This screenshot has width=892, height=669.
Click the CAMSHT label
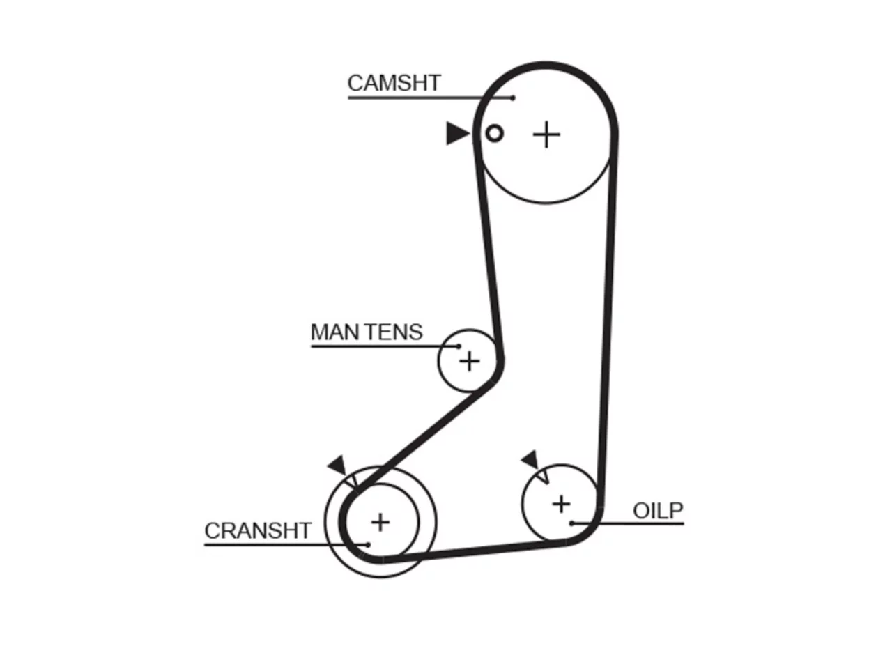coord(394,83)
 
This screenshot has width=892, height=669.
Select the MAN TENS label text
coord(367,332)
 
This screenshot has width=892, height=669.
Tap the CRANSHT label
coord(258,530)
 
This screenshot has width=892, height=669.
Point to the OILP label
coord(658,511)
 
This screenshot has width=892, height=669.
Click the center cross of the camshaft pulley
coord(546,134)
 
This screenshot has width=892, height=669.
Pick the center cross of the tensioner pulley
coord(470,361)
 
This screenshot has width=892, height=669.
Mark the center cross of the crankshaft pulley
coord(380,523)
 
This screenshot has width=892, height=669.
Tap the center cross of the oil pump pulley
coord(561,505)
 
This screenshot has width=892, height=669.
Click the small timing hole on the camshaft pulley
coord(494,133)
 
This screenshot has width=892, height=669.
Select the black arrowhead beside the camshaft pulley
coord(457,133)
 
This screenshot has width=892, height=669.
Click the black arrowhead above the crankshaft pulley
coord(338,465)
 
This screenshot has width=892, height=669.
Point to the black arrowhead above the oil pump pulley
coord(530,460)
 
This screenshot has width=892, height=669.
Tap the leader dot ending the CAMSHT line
coord(513,98)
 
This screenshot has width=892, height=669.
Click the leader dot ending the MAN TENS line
coord(459,346)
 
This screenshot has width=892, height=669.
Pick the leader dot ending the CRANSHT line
coord(368,545)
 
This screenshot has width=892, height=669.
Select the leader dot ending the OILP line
coord(571,524)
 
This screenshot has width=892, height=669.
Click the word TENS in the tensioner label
coord(394,332)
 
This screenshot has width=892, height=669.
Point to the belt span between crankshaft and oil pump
coord(473,553)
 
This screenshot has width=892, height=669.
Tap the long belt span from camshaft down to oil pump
coord(608,321)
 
